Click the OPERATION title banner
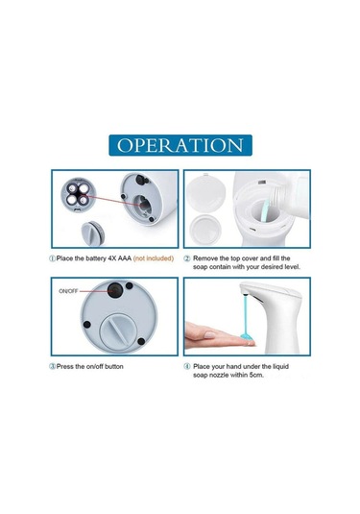(x=180, y=145)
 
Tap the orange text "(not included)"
(x=154, y=258)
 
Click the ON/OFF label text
(x=68, y=291)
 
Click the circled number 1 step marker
(x=52, y=258)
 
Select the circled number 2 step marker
(x=186, y=258)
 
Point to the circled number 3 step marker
(x=52, y=366)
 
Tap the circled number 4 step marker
(x=186, y=366)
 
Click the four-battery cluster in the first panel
(x=78, y=194)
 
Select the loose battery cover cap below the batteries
(x=93, y=233)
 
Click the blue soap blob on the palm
(x=248, y=336)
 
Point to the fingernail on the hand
(x=209, y=335)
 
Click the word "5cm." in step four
(x=256, y=375)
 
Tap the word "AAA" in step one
(x=125, y=258)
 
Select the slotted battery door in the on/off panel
(x=117, y=331)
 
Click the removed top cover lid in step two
(x=206, y=193)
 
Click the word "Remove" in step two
(x=204, y=258)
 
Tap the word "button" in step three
(x=114, y=366)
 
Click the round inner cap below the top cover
(x=205, y=229)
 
